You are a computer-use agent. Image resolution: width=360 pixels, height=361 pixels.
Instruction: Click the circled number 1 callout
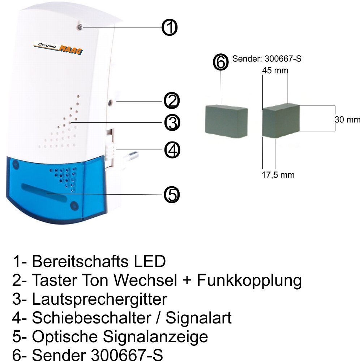click(170, 27)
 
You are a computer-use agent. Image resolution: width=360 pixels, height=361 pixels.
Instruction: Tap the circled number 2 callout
click(172, 101)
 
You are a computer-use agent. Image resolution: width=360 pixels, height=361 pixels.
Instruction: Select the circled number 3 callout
click(172, 122)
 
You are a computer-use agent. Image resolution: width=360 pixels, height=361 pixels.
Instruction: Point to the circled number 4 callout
click(172, 150)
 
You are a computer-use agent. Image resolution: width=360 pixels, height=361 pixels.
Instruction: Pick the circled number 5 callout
click(172, 195)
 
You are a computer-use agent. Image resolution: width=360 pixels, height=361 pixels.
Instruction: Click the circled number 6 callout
click(220, 62)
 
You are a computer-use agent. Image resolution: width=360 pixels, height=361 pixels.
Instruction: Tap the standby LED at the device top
click(80, 27)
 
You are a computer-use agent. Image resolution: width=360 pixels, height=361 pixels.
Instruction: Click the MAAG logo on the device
click(58, 48)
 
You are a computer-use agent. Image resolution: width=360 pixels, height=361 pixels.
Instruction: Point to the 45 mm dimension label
click(275, 70)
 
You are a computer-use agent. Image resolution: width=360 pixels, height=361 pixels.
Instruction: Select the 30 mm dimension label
click(347, 119)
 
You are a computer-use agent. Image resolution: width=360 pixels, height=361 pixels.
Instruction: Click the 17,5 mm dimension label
click(278, 175)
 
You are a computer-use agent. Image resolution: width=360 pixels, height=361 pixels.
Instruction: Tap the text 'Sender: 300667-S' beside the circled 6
click(267, 59)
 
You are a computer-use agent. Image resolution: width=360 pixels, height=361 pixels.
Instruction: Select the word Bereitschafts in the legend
click(80, 261)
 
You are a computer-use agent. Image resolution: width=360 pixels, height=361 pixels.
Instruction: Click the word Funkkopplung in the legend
click(249, 281)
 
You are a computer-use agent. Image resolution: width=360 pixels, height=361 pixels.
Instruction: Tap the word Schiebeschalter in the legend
click(91, 318)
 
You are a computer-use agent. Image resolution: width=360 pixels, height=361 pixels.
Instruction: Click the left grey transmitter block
click(226, 121)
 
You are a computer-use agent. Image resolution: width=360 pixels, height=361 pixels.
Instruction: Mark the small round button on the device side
click(110, 103)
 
